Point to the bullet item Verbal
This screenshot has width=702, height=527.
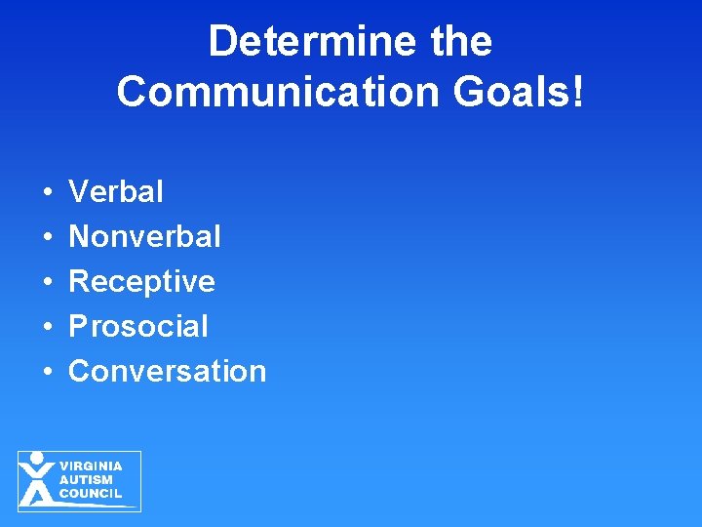tap(116, 191)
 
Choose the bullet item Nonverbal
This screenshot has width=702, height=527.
tap(145, 236)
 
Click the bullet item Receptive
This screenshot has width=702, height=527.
tap(142, 281)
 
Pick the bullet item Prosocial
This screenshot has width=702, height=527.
tap(138, 326)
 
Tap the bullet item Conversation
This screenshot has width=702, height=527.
tap(168, 371)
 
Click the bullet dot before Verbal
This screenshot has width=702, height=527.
tap(47, 192)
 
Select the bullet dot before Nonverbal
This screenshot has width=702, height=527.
tap(47, 237)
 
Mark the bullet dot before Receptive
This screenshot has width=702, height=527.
tap(47, 282)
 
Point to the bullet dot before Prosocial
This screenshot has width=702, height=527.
tap(47, 327)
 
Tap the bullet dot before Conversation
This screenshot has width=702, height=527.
tap(47, 372)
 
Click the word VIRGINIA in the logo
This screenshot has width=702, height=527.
tap(91, 466)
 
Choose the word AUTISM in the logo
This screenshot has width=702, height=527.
tap(86, 480)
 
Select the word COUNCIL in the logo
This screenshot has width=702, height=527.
tap(91, 494)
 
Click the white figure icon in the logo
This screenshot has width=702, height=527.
tap(37, 481)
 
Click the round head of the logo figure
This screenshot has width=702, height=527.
tap(37, 458)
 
